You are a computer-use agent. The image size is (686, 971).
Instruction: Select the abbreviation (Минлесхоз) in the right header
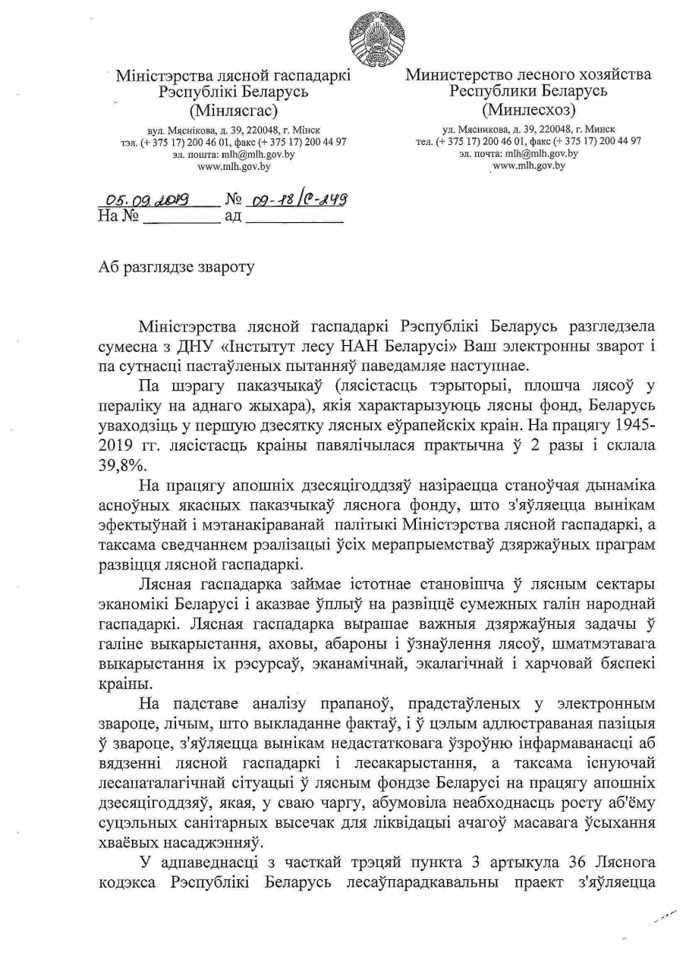[x=528, y=108]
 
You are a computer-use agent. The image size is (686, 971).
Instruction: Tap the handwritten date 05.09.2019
[x=147, y=200]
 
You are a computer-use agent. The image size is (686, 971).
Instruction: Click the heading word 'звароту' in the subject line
[x=222, y=267]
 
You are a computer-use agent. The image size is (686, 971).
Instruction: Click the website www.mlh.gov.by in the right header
[x=529, y=165]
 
